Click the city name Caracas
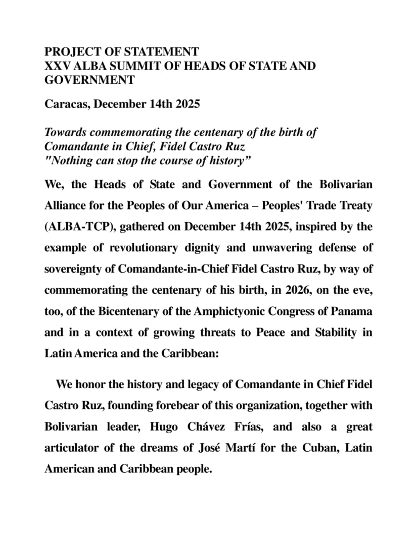[66, 104]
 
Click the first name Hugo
[164, 427]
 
